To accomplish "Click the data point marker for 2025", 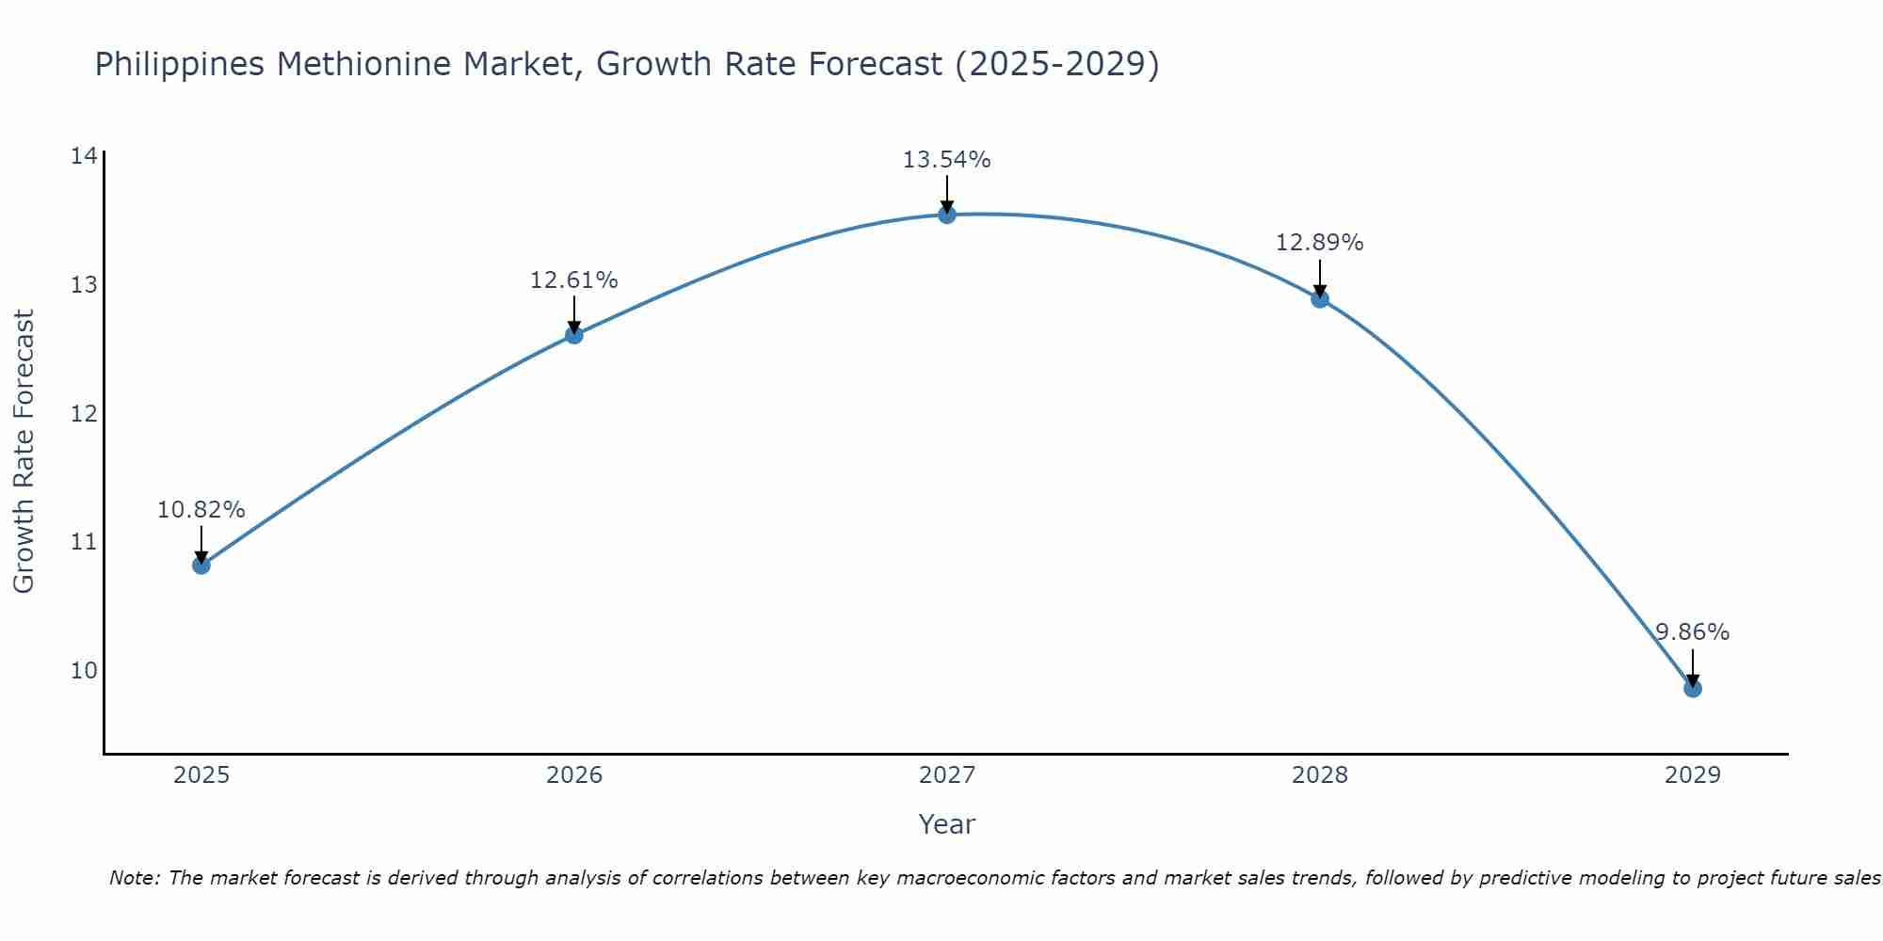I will (201, 565).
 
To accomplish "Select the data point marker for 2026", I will (573, 334).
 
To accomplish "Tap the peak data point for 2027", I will (946, 215).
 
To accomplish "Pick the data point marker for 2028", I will (1319, 298).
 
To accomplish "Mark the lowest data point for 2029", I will (1692, 688).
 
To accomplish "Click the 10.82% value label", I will (201, 510).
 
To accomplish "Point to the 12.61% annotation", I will (573, 280).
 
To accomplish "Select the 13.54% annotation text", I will (946, 160).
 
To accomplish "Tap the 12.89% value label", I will (1319, 243).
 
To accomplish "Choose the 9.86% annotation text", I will (1692, 632).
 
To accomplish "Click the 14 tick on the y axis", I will (84, 155).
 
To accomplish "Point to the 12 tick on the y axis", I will (84, 413).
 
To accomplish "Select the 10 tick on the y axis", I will (84, 670).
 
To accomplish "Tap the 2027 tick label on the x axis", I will (946, 775).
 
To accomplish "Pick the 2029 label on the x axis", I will (1692, 775).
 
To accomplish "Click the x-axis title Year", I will (946, 824).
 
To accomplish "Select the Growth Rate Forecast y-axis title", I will (24, 452).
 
